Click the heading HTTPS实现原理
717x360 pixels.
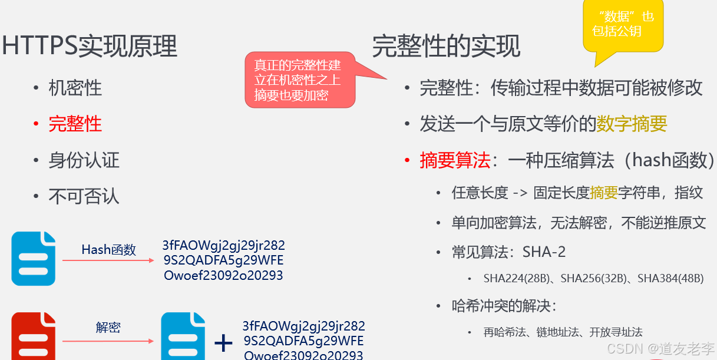coord(90,47)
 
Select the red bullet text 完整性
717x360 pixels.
coord(75,124)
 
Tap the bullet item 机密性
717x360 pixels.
coord(75,88)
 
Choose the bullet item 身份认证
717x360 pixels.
coord(84,160)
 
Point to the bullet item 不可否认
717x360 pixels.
coord(84,196)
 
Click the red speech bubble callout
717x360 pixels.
coord(300,80)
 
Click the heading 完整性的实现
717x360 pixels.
coord(446,47)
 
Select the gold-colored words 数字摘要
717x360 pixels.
coord(632,124)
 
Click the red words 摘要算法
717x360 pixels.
coord(455,160)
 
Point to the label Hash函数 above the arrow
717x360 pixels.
coord(108,250)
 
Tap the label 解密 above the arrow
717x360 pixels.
coord(108,327)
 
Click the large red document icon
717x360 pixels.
coord(34,336)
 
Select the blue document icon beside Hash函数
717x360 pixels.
coord(34,259)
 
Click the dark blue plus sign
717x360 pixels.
coord(223,342)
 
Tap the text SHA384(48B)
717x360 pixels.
coord(670,279)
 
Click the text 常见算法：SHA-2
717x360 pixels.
coord(508,252)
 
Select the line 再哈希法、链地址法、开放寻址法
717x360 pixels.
coord(563,332)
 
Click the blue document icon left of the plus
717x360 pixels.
coord(183,336)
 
